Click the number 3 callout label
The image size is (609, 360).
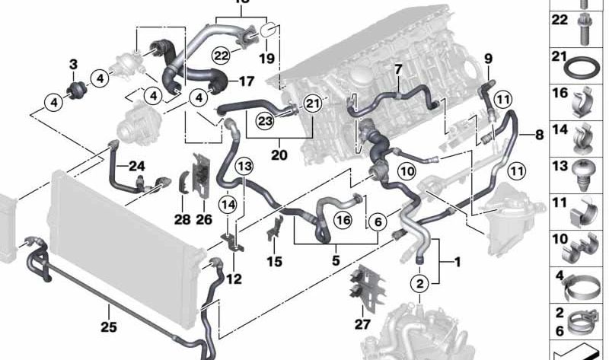pyautogui.click(x=73, y=63)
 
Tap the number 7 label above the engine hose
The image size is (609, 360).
pyautogui.click(x=397, y=69)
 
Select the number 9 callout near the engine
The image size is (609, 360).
pyautogui.click(x=488, y=58)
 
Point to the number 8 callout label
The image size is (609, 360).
pyautogui.click(x=539, y=135)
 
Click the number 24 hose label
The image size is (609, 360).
pyautogui.click(x=136, y=167)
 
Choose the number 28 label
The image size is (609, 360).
pyautogui.click(x=181, y=220)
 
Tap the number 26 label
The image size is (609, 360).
pyautogui.click(x=202, y=220)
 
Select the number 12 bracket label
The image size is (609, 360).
pyautogui.click(x=233, y=279)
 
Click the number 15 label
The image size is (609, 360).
pyautogui.click(x=275, y=262)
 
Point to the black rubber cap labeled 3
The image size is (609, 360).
pyautogui.click(x=75, y=91)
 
